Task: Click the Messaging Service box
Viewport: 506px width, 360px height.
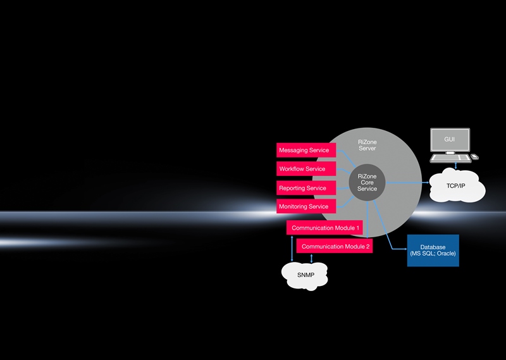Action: click(x=306, y=150)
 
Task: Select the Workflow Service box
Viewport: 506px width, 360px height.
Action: click(x=306, y=169)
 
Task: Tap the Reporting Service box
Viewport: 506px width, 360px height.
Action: click(x=306, y=188)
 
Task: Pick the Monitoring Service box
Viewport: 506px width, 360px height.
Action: click(x=306, y=206)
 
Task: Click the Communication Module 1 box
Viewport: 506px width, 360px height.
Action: click(x=324, y=228)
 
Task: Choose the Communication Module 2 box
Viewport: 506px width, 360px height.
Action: click(x=335, y=246)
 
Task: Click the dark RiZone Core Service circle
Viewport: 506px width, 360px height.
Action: click(x=367, y=182)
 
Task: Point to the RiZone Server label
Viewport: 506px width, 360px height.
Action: click(x=367, y=146)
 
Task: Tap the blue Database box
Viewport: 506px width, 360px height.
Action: click(x=433, y=251)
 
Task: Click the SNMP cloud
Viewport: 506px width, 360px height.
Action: click(x=305, y=275)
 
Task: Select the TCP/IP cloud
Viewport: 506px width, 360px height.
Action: click(x=457, y=185)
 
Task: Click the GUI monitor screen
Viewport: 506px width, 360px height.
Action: click(x=450, y=139)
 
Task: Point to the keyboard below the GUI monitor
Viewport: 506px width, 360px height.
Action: click(x=451, y=158)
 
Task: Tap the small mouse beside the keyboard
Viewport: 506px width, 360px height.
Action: click(x=475, y=157)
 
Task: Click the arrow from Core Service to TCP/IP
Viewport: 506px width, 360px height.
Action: click(x=407, y=182)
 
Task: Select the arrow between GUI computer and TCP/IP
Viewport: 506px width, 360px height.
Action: click(x=455, y=166)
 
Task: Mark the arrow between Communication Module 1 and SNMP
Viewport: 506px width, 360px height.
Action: click(x=292, y=248)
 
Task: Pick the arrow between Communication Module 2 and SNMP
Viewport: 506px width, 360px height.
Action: click(x=311, y=258)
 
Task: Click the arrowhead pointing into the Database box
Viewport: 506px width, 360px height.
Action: click(x=405, y=249)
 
